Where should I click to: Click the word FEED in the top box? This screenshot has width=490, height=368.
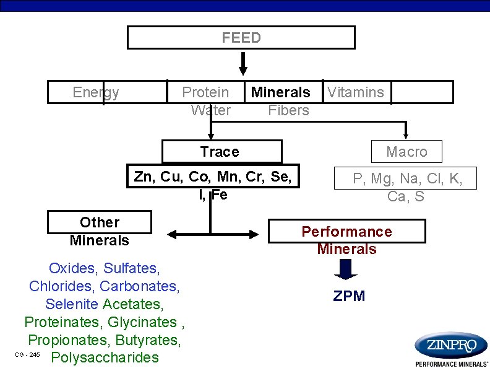(x=241, y=38)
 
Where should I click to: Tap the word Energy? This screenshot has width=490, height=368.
(x=95, y=93)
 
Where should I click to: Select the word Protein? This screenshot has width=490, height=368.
(x=205, y=93)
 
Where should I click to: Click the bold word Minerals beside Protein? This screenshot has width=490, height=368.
(x=280, y=93)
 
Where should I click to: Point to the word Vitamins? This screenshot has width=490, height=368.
(x=356, y=93)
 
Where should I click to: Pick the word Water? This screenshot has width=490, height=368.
(x=211, y=111)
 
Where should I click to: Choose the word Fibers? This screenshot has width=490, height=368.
(x=288, y=111)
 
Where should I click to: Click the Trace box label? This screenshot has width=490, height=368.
(x=220, y=152)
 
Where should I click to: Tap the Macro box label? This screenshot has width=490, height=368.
(x=406, y=152)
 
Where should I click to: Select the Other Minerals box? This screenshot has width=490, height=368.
(x=100, y=231)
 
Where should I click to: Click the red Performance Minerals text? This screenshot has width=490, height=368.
(x=346, y=240)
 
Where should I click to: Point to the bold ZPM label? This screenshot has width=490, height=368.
(x=350, y=296)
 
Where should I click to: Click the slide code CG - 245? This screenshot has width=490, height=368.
(x=27, y=354)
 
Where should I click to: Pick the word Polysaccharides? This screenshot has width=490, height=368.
(x=105, y=357)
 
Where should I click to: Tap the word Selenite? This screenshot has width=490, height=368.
(x=72, y=304)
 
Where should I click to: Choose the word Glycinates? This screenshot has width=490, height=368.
(x=142, y=322)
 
